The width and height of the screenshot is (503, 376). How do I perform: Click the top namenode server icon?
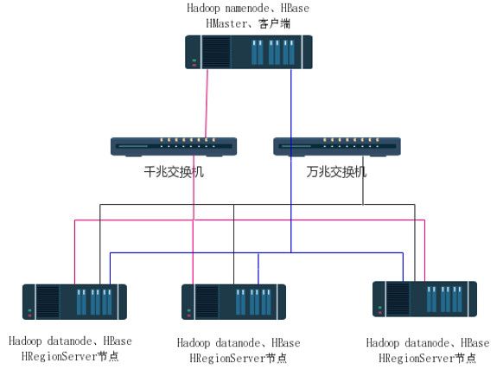[x=249, y=52]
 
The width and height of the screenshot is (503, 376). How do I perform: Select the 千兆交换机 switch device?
[x=174, y=147]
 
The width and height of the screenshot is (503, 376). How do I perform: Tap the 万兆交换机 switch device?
[x=337, y=147]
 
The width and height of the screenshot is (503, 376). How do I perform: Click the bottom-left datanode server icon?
[x=74, y=302]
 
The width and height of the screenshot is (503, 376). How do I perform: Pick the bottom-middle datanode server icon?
[x=233, y=302]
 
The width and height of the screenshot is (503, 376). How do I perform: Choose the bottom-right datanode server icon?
[x=424, y=299]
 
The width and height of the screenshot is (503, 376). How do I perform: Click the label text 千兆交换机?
[x=174, y=172]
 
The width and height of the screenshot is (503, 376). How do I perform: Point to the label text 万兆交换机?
[x=336, y=172]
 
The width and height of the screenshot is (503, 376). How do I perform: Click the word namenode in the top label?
[x=247, y=8]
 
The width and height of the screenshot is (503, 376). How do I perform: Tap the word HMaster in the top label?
[x=226, y=23]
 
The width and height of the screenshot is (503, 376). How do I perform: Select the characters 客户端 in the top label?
[x=275, y=23]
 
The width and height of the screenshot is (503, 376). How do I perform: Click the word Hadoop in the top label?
[x=204, y=9]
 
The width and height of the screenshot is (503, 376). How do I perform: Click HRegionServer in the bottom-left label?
[x=60, y=356]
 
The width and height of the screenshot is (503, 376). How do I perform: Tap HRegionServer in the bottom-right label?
[x=417, y=358]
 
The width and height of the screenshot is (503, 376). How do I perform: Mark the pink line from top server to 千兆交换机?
[x=207, y=104]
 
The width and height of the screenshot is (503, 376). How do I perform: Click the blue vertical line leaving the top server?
[x=291, y=161]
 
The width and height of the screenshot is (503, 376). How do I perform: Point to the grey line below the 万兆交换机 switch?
[x=363, y=181]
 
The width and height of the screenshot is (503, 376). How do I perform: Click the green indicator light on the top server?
[x=194, y=60]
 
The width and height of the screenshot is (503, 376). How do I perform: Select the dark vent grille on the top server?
[x=217, y=52]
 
